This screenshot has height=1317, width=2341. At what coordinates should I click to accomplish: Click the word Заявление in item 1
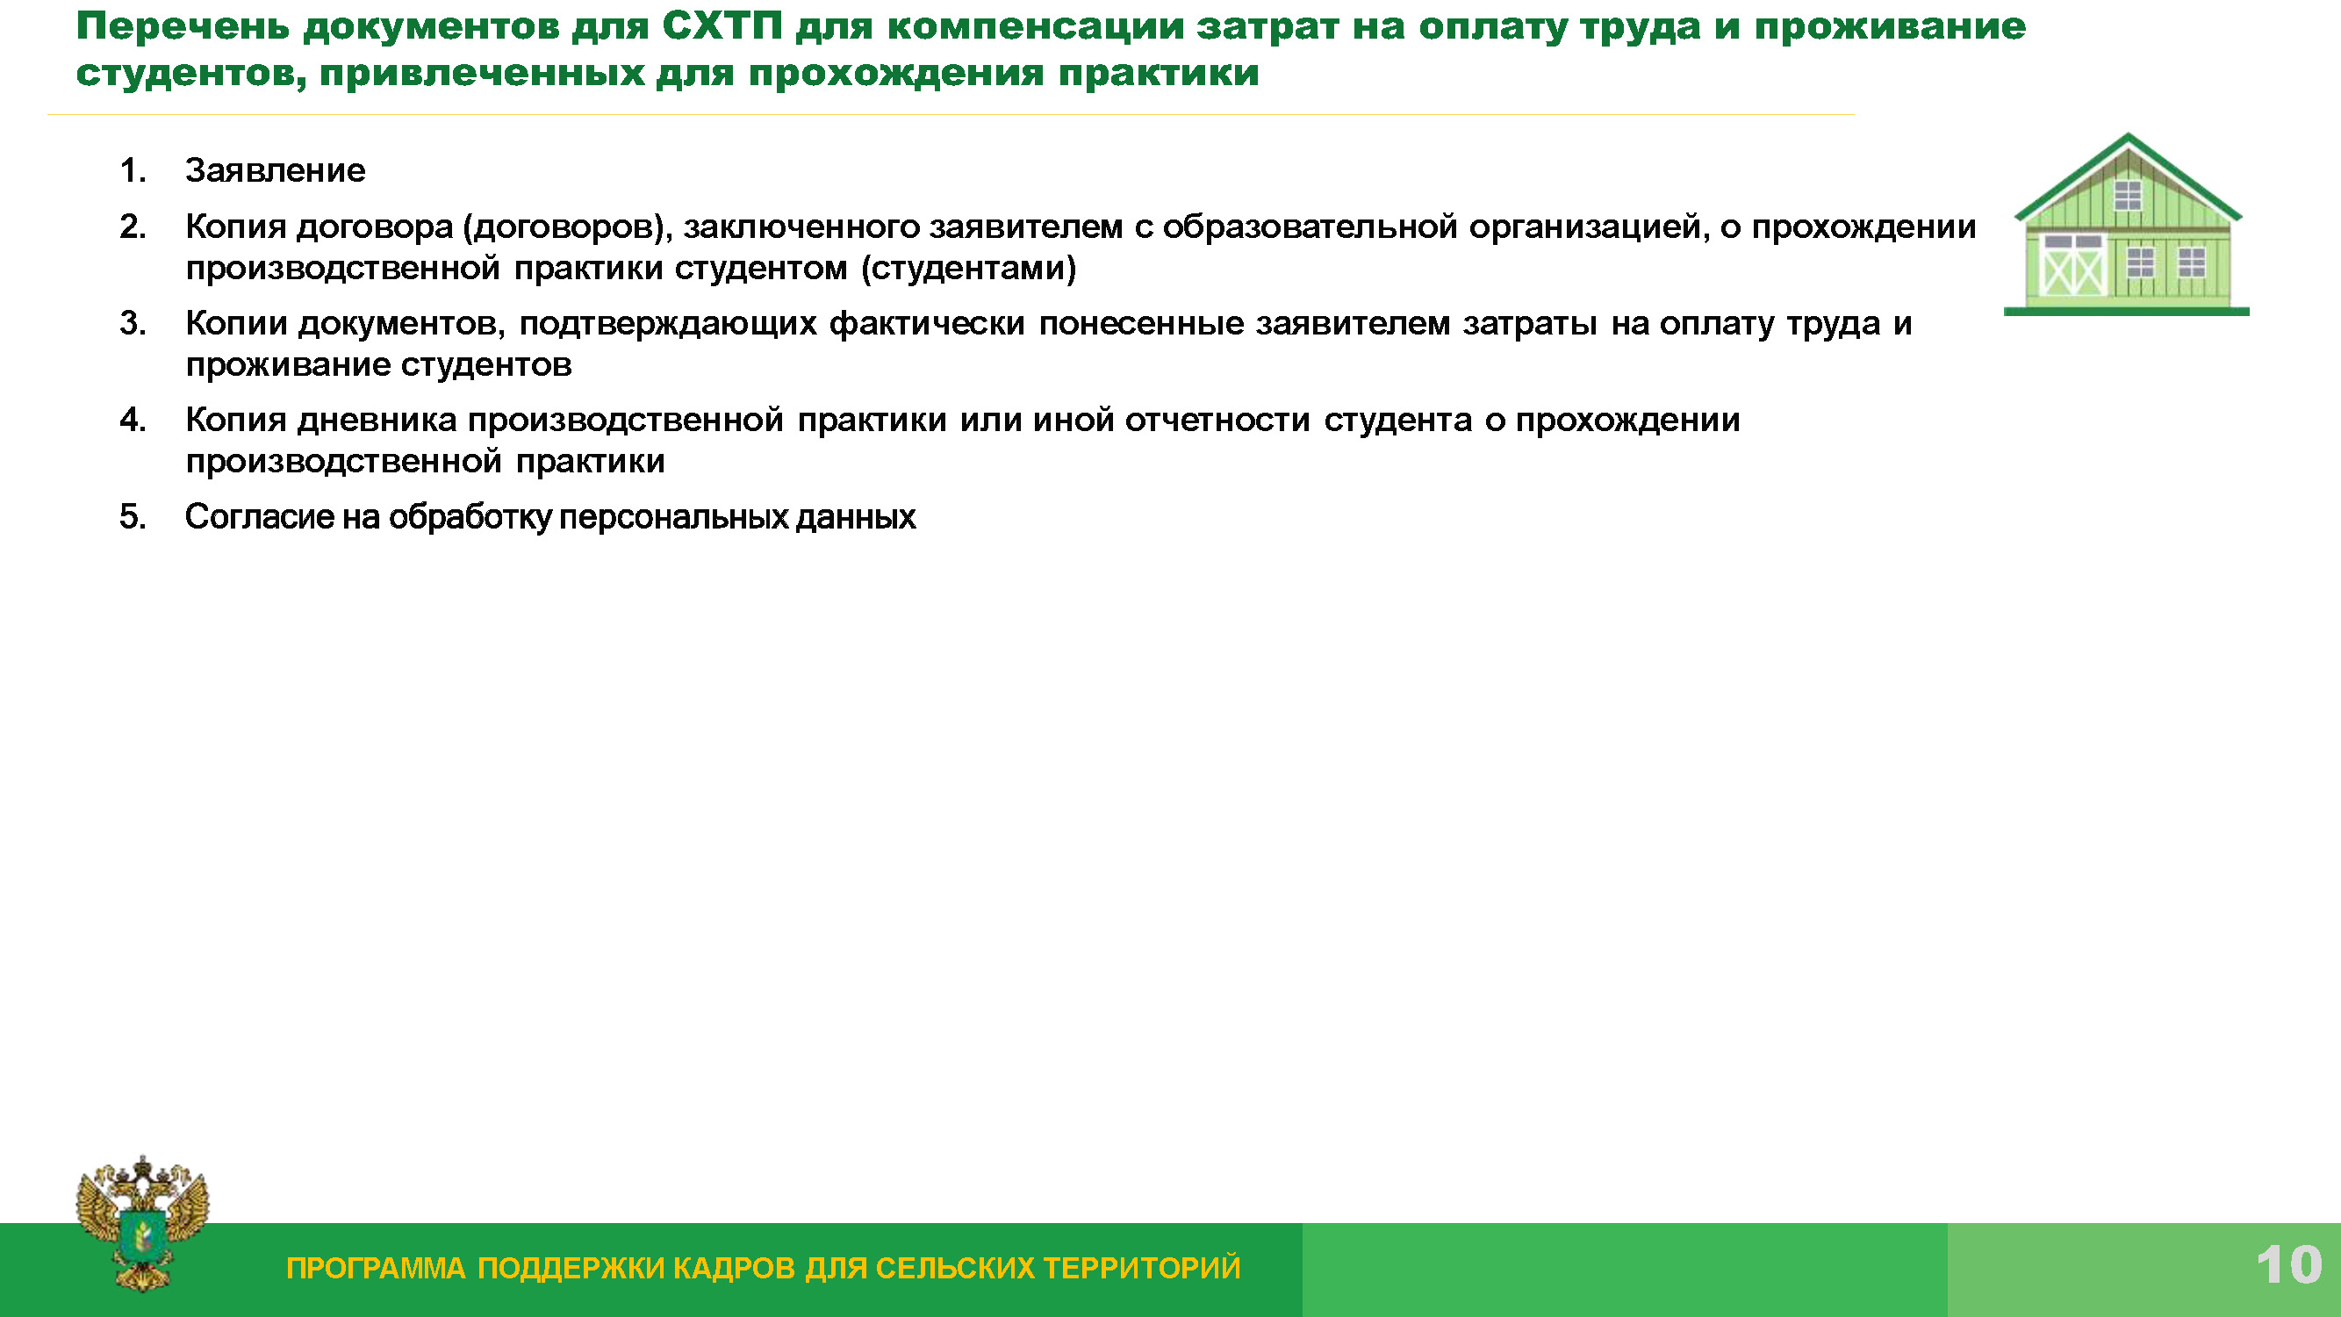pos(276,171)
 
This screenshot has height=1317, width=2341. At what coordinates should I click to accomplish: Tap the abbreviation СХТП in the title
pos(722,27)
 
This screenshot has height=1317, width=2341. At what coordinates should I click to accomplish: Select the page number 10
pos(2289,1265)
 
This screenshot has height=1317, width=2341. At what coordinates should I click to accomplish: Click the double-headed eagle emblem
pos(143,1222)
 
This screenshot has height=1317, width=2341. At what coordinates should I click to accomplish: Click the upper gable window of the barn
pos(2129,196)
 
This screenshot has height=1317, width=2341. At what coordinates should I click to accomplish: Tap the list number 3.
pos(133,324)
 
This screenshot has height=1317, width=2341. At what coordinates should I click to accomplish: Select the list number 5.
pos(133,517)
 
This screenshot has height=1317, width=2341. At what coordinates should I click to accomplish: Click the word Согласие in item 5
pos(260,517)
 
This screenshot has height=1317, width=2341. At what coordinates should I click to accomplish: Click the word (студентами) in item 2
pos(968,269)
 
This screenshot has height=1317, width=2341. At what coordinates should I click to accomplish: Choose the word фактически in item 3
pos(927,324)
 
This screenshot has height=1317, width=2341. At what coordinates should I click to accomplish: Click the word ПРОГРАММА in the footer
pos(377,1268)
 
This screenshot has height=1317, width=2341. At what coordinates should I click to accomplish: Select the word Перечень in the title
pos(183,27)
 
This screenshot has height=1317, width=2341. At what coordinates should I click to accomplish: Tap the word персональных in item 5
pos(673,518)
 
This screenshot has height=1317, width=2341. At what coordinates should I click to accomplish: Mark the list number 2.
pos(133,227)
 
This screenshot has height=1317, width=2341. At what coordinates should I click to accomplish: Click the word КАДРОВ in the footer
pos(736,1268)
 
